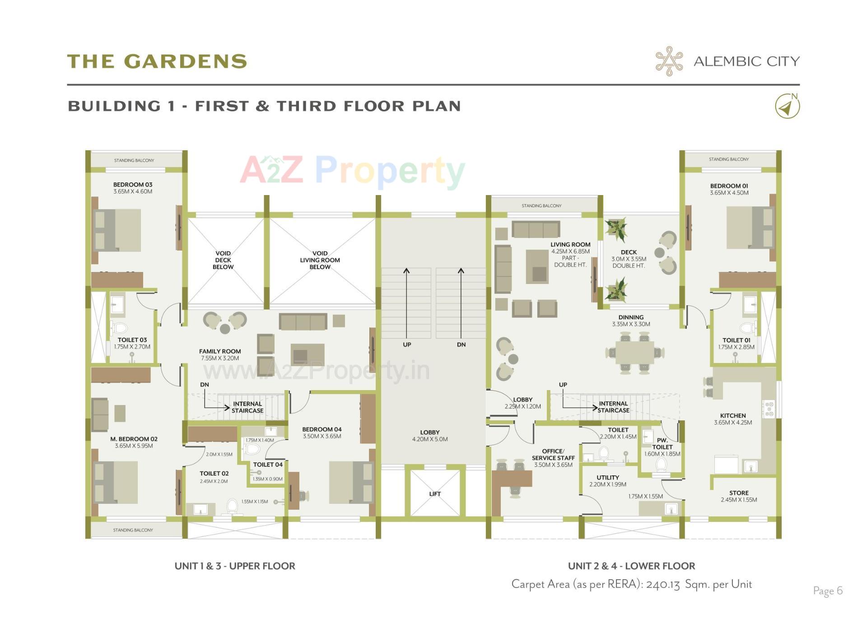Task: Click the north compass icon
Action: pos(787,107)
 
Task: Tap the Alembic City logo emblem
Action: pos(669,61)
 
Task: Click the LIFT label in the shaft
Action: pos(435,494)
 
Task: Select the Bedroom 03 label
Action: pos(133,185)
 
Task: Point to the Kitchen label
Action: pos(733,416)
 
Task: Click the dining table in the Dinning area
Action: pos(634,353)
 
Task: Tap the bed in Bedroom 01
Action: pos(750,228)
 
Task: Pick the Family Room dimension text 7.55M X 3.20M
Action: pos(220,358)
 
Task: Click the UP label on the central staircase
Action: pos(407,344)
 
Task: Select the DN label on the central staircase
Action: pos(461,344)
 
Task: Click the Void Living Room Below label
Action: pos(320,260)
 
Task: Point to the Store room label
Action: pos(739,493)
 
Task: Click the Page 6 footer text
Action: pos(828,591)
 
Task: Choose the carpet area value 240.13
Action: pos(662,585)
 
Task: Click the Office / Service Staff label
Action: pos(553,457)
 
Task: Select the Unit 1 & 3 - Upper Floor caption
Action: pos(235,566)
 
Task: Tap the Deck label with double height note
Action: pos(629,259)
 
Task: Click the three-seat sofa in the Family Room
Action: pos(303,322)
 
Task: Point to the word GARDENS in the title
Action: pos(185,61)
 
